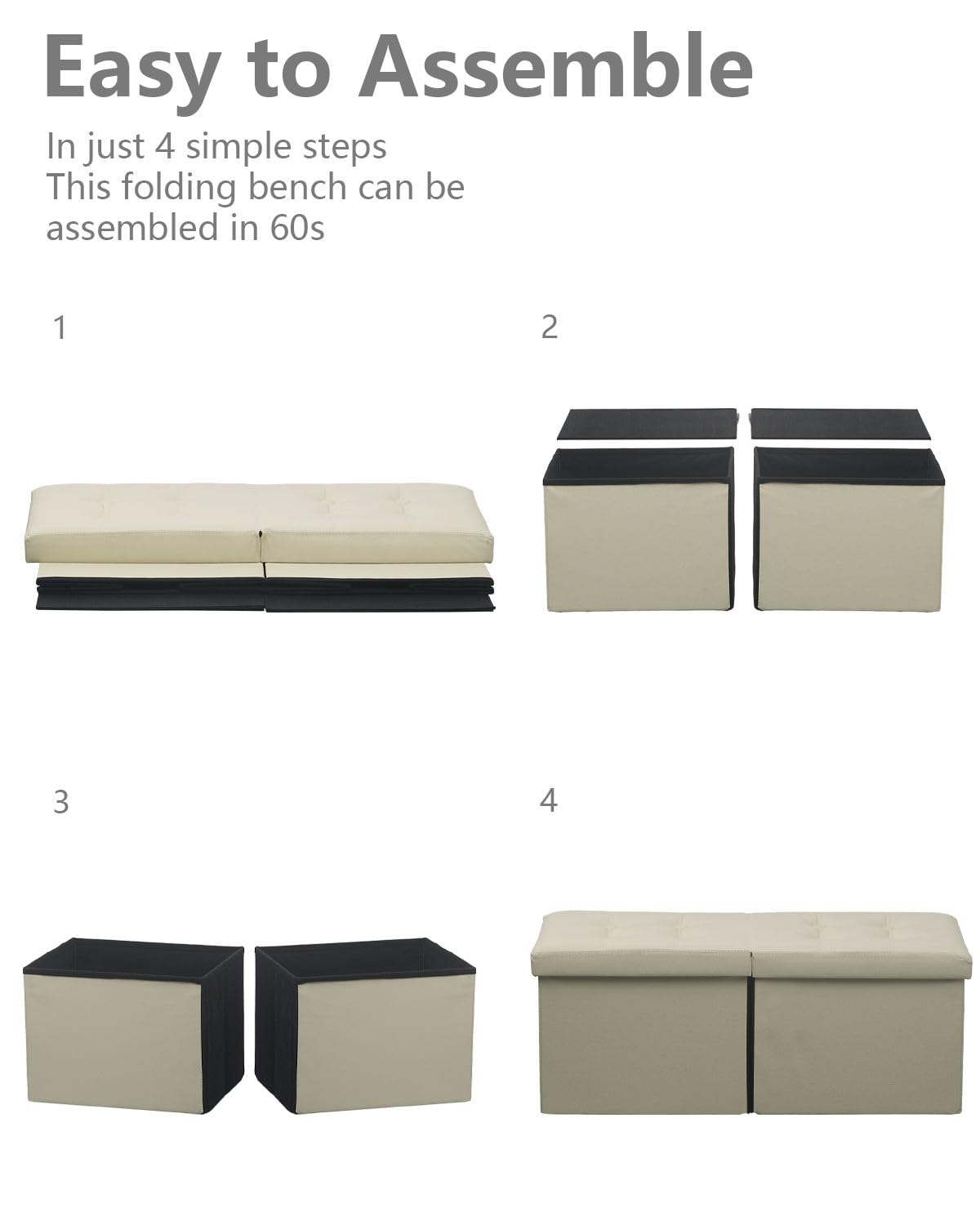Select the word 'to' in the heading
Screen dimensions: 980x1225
click(x=289, y=69)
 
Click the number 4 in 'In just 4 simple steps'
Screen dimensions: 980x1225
click(x=164, y=145)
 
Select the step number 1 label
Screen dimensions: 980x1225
click(x=60, y=327)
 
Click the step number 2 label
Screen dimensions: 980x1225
click(x=549, y=327)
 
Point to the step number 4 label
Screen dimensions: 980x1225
click(x=548, y=800)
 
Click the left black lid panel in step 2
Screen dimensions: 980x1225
click(x=647, y=424)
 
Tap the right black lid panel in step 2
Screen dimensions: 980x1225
click(x=840, y=424)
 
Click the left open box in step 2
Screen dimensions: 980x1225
click(x=639, y=529)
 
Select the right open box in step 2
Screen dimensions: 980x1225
click(x=848, y=529)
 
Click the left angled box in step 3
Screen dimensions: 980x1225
click(x=133, y=1025)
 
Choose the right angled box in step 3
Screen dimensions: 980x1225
click(x=365, y=1025)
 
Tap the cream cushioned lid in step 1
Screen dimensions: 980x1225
click(x=259, y=523)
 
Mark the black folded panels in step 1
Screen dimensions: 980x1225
click(x=265, y=594)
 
